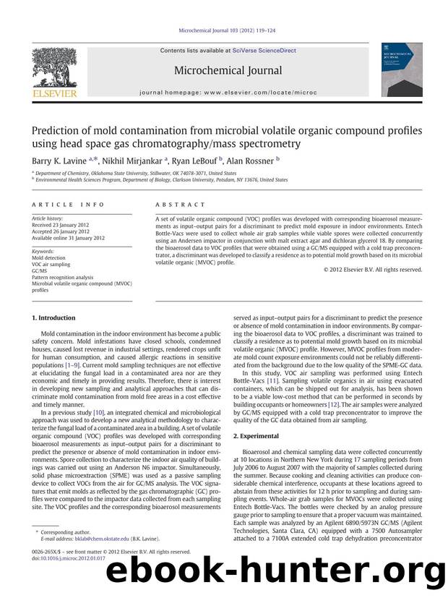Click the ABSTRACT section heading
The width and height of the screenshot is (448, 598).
point(175,205)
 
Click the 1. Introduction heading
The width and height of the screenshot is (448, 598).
point(55,318)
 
